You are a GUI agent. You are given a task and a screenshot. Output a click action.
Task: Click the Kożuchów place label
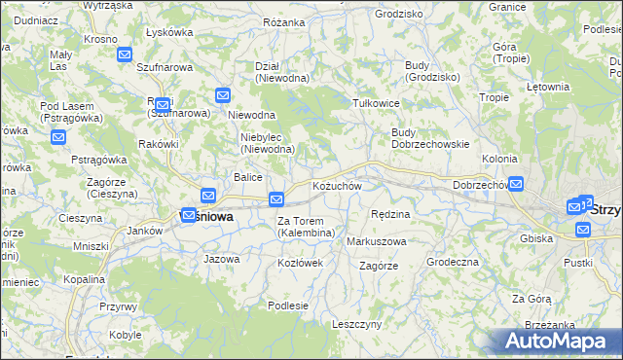point(337,186)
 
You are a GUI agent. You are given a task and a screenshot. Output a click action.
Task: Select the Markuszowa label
point(377,240)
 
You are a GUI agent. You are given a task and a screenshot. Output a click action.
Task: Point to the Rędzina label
point(390,213)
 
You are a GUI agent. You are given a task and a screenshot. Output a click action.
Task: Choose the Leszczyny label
point(356,324)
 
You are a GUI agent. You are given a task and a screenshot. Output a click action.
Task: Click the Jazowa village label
point(221,259)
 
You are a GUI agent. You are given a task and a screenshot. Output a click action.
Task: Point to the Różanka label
point(284,19)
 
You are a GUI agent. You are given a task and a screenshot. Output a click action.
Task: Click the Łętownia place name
point(547,87)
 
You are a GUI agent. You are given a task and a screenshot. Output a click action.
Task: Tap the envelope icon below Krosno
point(125,54)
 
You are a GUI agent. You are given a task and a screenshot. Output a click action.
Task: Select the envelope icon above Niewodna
point(223,95)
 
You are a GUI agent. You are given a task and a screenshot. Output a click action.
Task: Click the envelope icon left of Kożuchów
point(276,199)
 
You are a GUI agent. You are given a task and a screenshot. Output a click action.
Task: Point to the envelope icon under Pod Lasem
point(58,136)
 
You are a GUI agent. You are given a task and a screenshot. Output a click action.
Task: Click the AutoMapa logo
point(557,341)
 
